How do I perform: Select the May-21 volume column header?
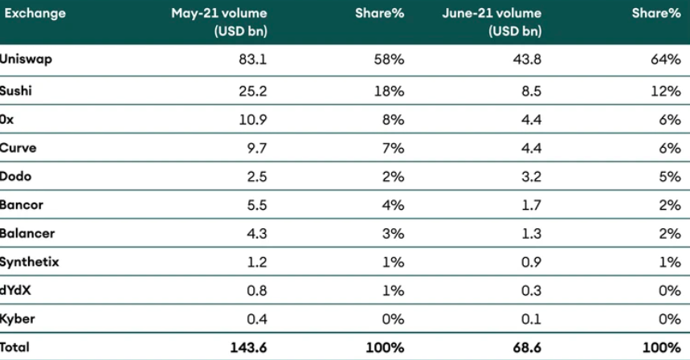pyautogui.click(x=218, y=22)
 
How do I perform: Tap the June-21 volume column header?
pyautogui.click(x=491, y=22)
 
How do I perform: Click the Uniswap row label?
pyautogui.click(x=27, y=60)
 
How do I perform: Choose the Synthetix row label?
pyautogui.click(x=30, y=262)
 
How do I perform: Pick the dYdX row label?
pyautogui.click(x=17, y=290)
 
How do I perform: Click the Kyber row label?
pyautogui.click(x=18, y=319)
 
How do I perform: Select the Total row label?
pyautogui.click(x=16, y=348)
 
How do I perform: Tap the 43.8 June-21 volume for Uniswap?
pyautogui.click(x=528, y=60)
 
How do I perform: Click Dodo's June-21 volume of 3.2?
pyautogui.click(x=532, y=176)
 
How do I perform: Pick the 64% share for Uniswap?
pyautogui.click(x=666, y=60)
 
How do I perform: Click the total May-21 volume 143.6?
pyautogui.click(x=248, y=348)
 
